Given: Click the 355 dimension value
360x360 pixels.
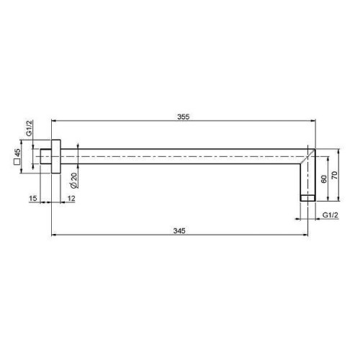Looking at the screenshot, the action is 184,117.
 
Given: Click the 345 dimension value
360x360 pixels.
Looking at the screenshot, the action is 179,230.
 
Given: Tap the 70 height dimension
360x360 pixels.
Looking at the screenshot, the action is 334,175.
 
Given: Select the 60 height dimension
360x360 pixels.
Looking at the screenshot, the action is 324,179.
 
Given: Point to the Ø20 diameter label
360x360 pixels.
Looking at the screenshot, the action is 74,180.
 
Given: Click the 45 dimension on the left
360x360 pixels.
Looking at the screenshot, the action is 17,153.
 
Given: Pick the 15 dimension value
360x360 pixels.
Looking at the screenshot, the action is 33,199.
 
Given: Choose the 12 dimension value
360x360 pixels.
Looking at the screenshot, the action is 71,199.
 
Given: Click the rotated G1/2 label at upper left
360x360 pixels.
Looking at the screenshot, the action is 29,129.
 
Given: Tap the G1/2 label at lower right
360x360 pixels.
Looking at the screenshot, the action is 330,215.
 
